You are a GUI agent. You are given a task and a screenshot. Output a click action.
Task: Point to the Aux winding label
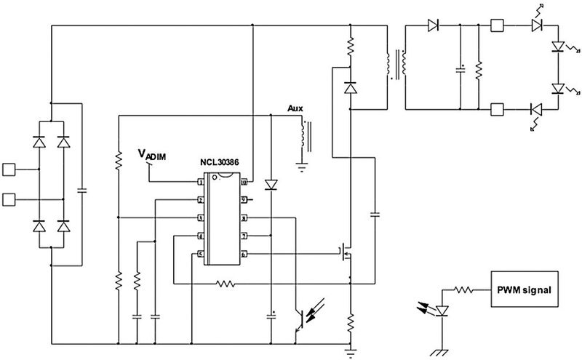pos(295,108)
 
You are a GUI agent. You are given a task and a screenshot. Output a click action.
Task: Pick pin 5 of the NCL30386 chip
pos(199,253)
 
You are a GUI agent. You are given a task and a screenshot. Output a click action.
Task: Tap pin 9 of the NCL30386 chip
pos(245,199)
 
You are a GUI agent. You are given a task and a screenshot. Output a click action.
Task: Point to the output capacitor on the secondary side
pos(461,70)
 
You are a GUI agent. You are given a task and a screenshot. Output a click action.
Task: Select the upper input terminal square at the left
pos(9,170)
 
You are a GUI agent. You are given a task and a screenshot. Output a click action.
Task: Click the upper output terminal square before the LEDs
pos(498,25)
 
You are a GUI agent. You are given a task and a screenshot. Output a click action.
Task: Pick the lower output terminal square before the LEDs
pos(498,110)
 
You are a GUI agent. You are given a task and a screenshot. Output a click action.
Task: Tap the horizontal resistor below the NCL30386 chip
pos(226,283)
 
